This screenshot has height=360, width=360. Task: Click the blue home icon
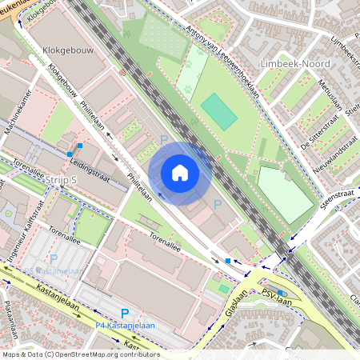point(180,173)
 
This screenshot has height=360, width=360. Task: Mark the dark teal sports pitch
point(218,111)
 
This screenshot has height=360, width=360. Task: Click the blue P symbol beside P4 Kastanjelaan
point(124,313)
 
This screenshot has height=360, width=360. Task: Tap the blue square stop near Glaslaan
point(228,261)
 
